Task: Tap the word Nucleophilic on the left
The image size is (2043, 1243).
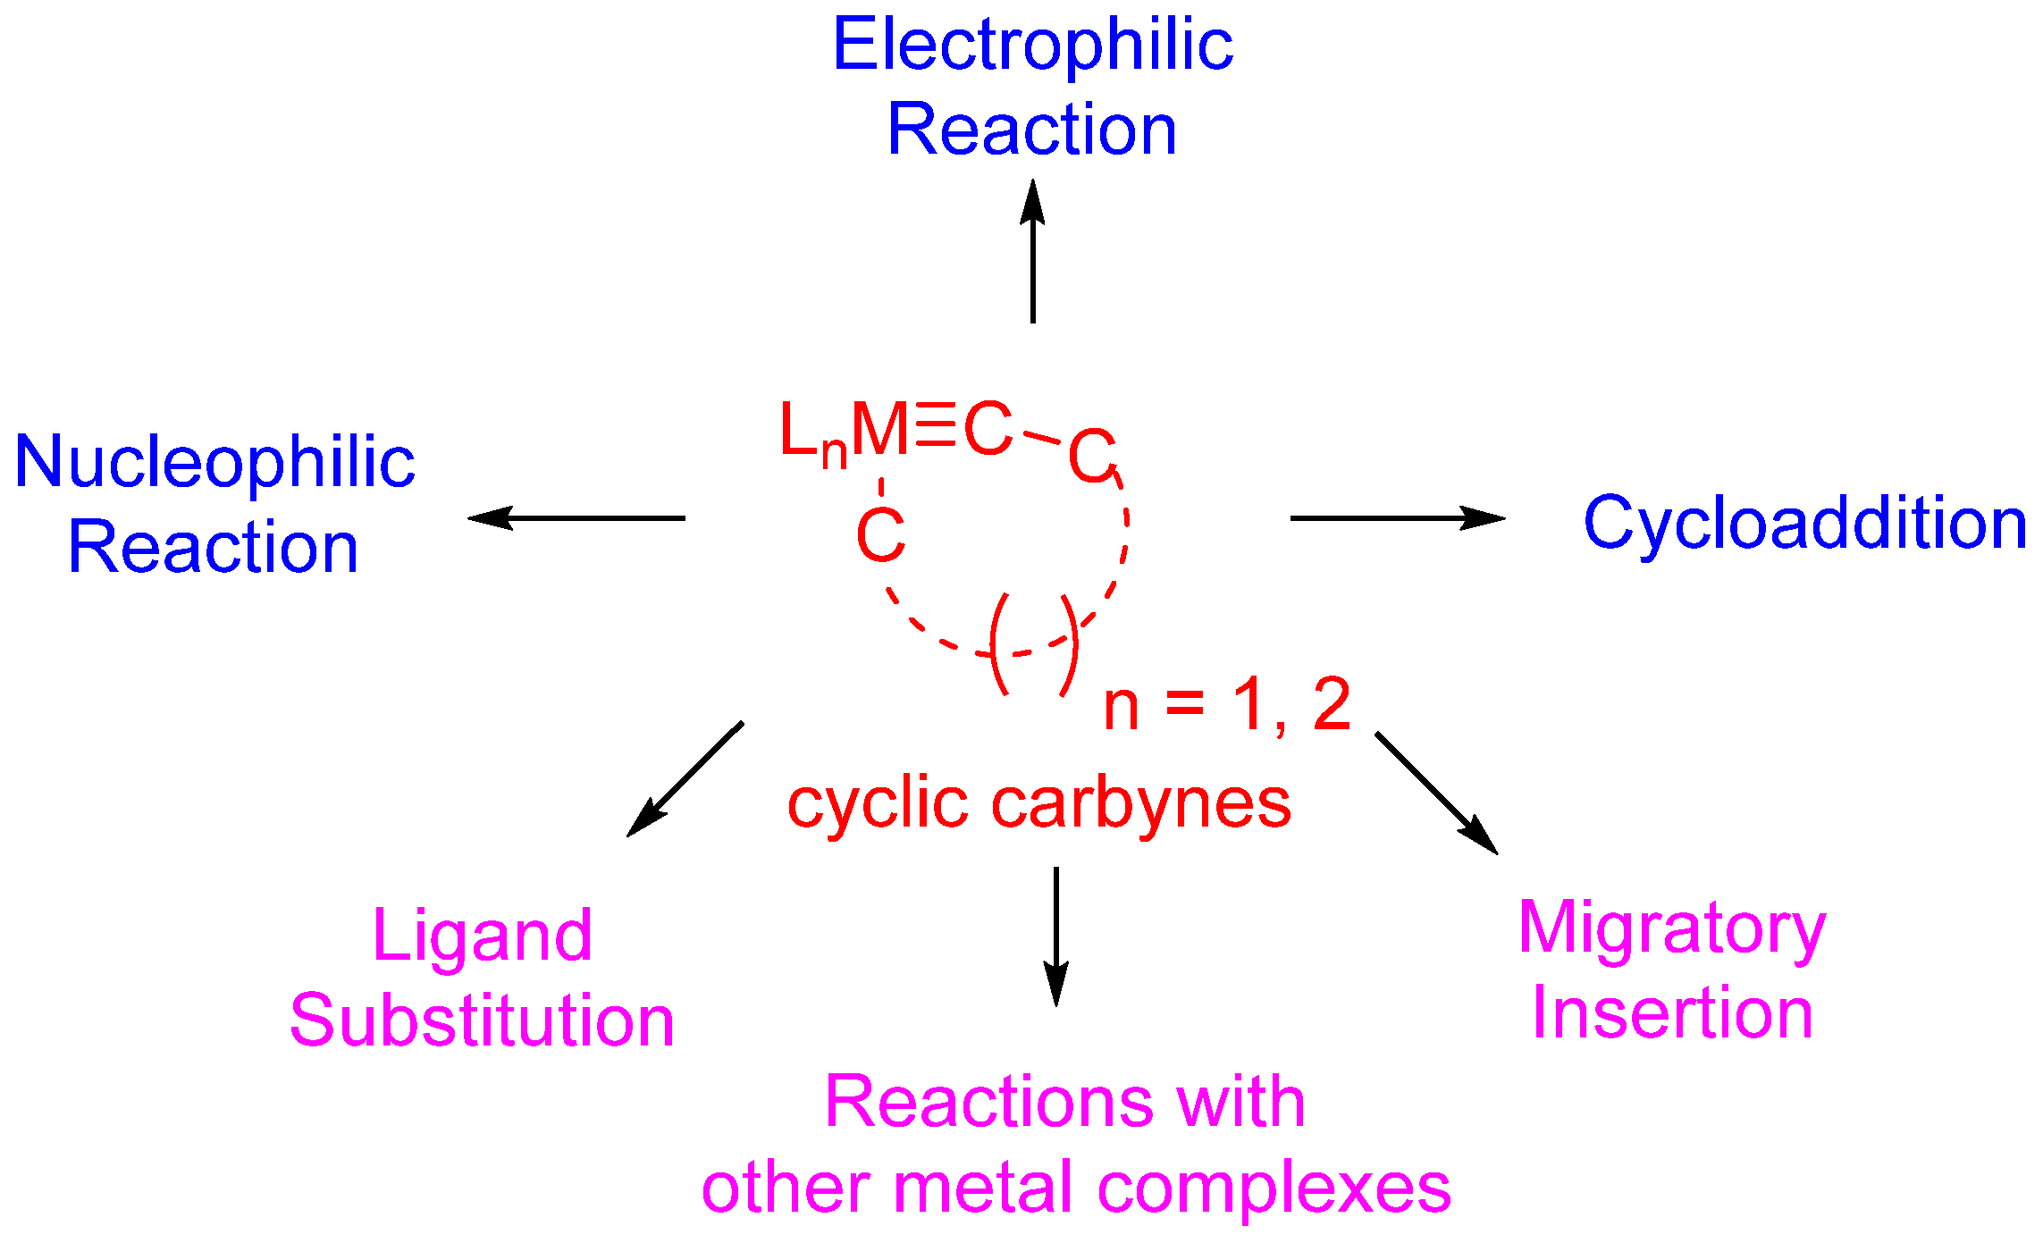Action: tap(214, 463)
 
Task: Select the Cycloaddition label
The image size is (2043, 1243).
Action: tap(1804, 523)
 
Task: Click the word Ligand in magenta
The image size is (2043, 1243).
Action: tap(483, 936)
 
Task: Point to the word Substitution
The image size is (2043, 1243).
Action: tap(483, 1020)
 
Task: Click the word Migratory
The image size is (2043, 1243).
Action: tap(1672, 929)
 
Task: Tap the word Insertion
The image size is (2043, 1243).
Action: tap(1672, 1013)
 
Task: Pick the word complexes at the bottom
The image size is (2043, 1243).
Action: tap(1274, 1188)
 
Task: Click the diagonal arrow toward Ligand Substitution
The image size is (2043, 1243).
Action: tap(685, 779)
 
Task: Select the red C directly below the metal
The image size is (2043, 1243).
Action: tap(880, 536)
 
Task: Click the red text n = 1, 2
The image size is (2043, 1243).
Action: tap(1226, 706)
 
